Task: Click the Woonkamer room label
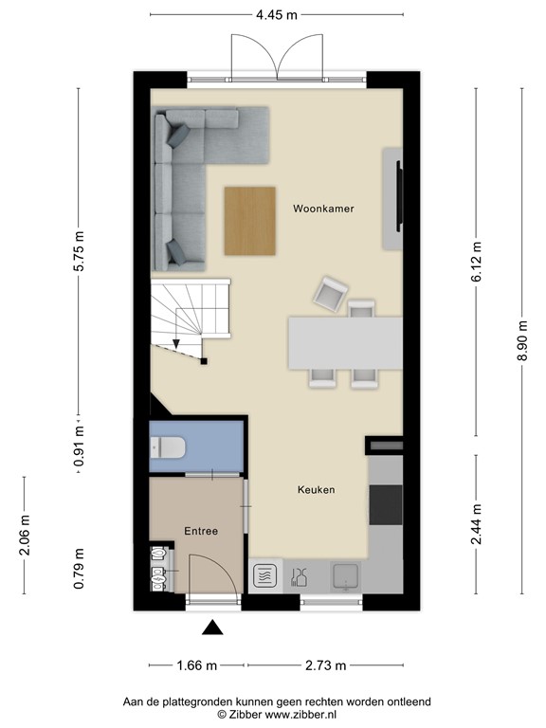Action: click(x=323, y=209)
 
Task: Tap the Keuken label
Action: click(x=316, y=490)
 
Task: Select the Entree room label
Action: click(x=201, y=531)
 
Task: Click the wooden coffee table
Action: click(x=250, y=221)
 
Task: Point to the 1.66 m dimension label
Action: click(x=197, y=664)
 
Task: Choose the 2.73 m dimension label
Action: click(x=326, y=664)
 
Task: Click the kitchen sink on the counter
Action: click(x=342, y=574)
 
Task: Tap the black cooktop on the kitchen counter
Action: click(x=385, y=504)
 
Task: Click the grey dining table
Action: click(x=343, y=342)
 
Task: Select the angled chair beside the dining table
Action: click(x=329, y=295)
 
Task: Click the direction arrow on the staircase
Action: click(x=176, y=345)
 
